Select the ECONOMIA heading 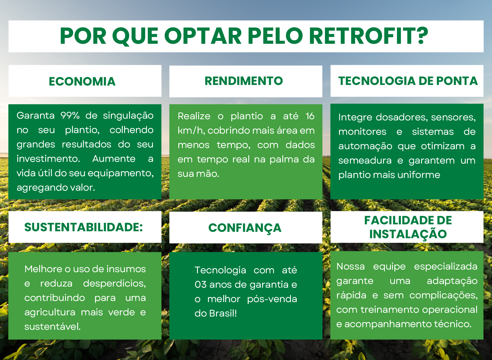(82, 82)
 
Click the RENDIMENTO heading (244, 81)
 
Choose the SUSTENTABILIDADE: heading (84, 227)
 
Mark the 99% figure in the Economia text (70, 115)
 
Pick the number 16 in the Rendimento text (310, 116)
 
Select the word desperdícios (114, 284)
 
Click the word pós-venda (272, 299)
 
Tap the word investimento (48, 159)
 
